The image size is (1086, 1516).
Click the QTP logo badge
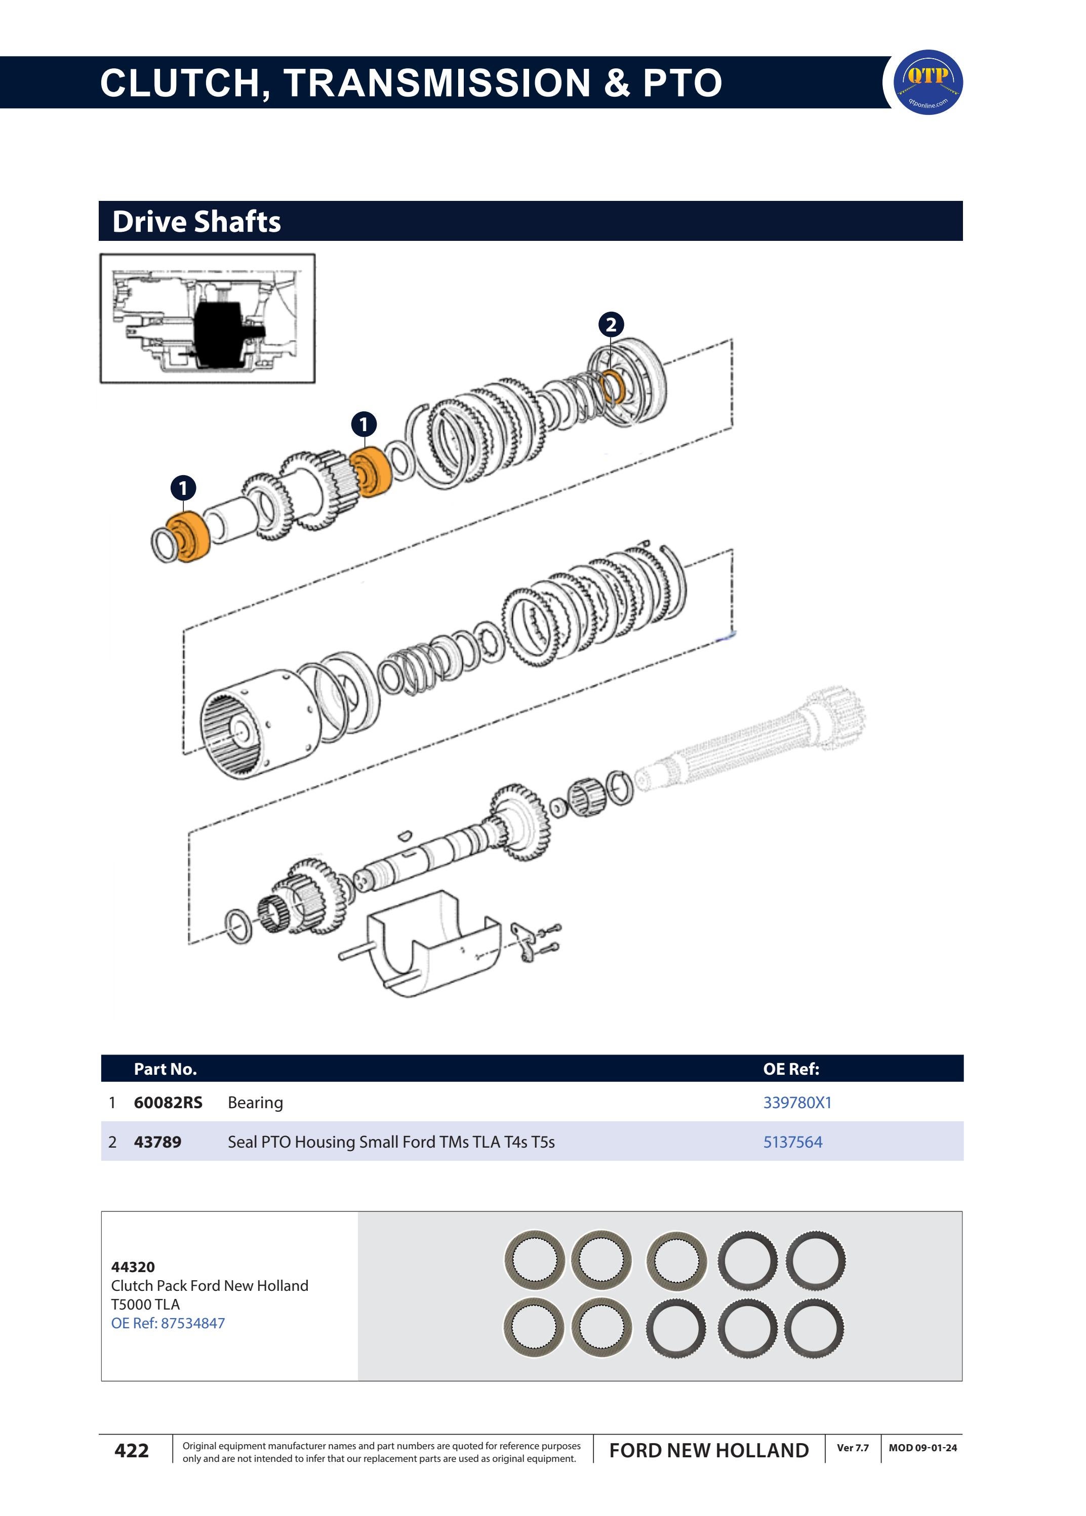point(928,82)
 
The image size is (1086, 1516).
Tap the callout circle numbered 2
point(611,325)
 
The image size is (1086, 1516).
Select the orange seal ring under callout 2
point(613,387)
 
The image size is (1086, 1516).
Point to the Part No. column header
point(165,1069)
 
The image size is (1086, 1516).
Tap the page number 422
point(132,1451)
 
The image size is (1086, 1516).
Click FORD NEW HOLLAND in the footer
point(709,1451)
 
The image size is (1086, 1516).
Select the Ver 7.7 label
point(853,1448)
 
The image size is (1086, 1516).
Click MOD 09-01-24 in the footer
point(922,1448)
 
